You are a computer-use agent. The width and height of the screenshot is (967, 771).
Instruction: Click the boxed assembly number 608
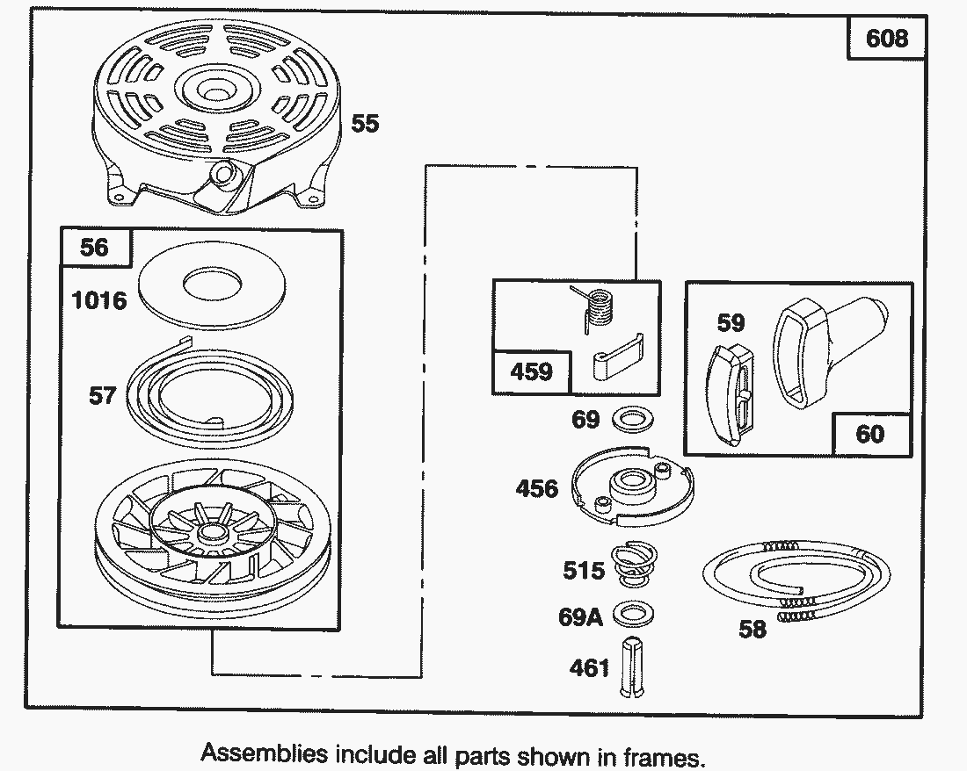click(x=887, y=39)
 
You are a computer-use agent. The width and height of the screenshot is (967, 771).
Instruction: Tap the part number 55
click(x=365, y=124)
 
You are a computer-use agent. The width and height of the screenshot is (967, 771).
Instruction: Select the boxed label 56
click(x=94, y=248)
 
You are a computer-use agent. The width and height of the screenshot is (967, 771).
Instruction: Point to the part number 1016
click(x=99, y=300)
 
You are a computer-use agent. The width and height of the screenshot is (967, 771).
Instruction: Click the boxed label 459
click(x=532, y=371)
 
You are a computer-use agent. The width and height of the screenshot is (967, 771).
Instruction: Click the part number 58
click(x=753, y=629)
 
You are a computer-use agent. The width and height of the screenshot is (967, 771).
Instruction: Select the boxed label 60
click(x=869, y=433)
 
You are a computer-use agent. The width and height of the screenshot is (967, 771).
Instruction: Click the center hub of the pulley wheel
click(x=209, y=533)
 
